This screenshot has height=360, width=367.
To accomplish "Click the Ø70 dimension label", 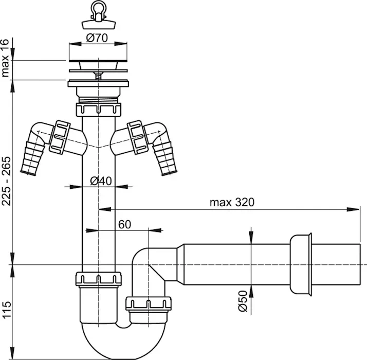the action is point(97,38).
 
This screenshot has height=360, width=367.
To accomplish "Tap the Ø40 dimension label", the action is point(101,181).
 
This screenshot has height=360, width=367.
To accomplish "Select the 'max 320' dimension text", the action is point(232,202).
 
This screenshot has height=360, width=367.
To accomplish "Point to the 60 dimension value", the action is point(124,225).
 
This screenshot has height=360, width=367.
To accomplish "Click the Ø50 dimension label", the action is point(243,301).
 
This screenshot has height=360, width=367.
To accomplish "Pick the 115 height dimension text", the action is point(6,310).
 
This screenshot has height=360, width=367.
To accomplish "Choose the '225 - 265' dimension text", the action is point(6,181).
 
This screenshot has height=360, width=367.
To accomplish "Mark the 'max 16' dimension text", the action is point(5,58).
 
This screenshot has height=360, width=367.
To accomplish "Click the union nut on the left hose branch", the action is point(60,137).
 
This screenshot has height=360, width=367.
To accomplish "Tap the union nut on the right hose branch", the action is point(138,137).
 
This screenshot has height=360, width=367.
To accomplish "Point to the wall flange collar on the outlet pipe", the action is point(301,264).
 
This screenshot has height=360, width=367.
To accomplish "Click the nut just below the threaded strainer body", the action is point(98,109).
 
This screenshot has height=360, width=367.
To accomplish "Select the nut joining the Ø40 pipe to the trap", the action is point(99,279).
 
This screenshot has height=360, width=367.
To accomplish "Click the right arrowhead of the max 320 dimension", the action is point(353,209).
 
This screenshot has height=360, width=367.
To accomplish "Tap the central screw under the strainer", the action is point(99,76).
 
